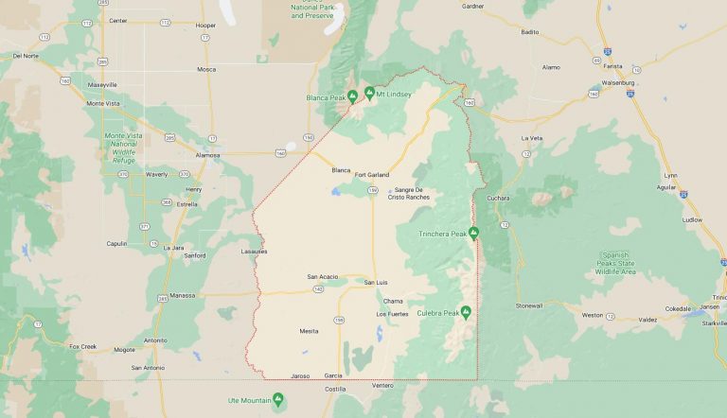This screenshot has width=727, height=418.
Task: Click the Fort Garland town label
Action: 372,174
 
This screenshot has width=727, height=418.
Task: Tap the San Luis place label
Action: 377,282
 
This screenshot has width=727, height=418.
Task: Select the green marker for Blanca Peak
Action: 352,95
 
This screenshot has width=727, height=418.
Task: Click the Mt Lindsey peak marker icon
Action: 369,94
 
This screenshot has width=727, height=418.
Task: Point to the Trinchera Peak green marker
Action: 474,233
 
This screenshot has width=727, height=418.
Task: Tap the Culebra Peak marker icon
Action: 466,312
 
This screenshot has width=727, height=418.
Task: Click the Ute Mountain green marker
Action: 277,398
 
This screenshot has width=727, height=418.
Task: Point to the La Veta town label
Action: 531,138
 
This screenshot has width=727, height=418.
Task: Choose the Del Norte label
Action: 26,56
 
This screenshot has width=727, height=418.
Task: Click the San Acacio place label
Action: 323,276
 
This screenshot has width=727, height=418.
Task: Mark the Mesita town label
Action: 309,331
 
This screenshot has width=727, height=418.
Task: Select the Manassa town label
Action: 182,295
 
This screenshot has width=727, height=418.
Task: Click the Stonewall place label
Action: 529,305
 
